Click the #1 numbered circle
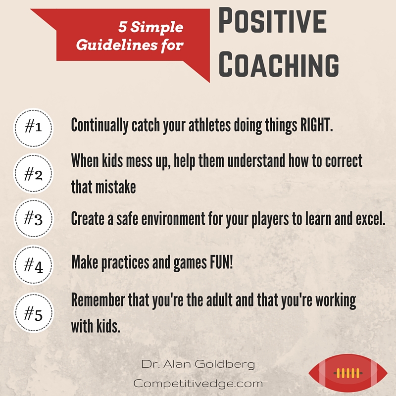click(x=33, y=128)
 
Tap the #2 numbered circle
click(x=33, y=173)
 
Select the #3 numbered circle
click(x=33, y=218)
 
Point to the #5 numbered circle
click(x=33, y=312)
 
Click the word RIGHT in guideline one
click(x=316, y=125)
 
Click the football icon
click(x=347, y=373)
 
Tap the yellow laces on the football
click(x=347, y=373)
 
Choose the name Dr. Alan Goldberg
click(x=198, y=365)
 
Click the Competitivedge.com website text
click(x=198, y=383)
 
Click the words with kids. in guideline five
click(x=96, y=327)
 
